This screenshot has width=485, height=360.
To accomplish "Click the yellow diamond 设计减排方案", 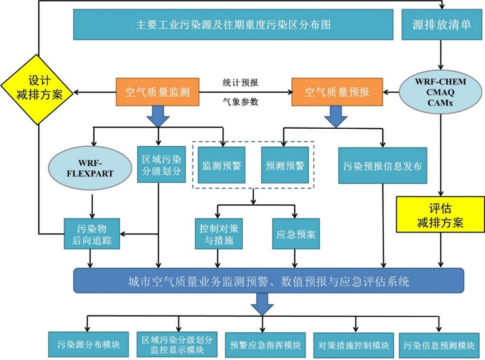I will pos(36,91).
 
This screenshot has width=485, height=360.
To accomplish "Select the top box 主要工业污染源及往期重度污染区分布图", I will pos(233,24).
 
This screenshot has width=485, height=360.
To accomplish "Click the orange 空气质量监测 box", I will pos(157,92).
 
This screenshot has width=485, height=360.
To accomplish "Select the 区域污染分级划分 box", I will pos(157,165).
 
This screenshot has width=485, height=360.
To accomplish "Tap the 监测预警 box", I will pos(221,166).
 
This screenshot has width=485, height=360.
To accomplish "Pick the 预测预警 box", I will pos(284,166).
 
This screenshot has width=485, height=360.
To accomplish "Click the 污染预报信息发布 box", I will pos(383,166).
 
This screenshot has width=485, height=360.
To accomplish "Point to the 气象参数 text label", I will pos(240,101).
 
